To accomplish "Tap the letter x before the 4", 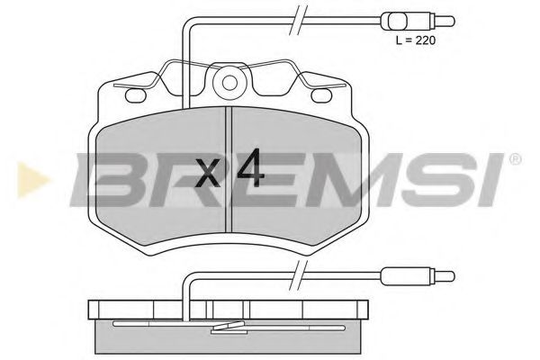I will [x=208, y=173].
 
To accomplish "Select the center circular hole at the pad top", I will [x=230, y=84].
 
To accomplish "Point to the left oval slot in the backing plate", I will [x=138, y=93].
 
